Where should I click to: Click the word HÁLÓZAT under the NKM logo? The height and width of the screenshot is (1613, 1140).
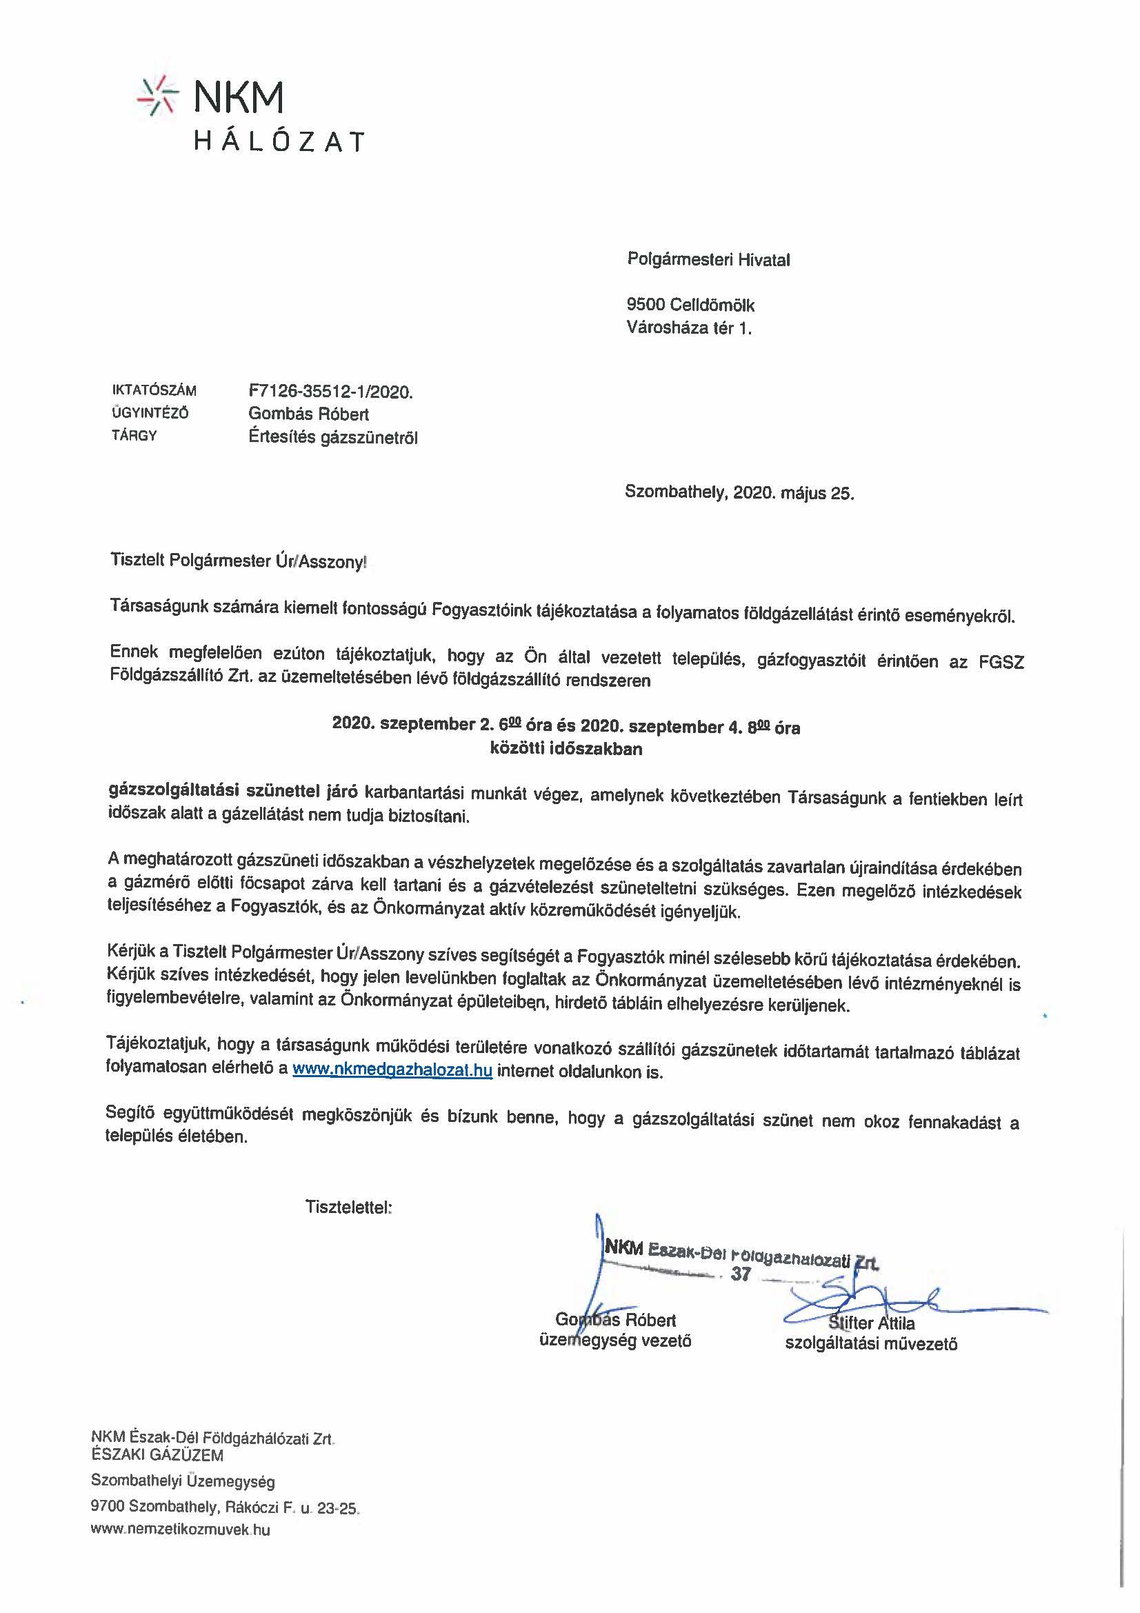279,142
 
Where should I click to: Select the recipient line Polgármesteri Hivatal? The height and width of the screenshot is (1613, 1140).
708,260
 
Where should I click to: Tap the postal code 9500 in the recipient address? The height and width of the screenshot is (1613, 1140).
645,305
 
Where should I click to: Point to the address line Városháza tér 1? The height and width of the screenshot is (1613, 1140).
688,328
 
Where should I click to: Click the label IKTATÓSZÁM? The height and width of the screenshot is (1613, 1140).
154,390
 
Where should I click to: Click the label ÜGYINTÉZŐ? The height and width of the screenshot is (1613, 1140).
150,413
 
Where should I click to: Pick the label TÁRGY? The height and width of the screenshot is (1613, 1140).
134,436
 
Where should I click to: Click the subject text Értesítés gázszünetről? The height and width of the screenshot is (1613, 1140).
333,437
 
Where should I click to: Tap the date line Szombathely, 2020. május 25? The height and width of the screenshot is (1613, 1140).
739,492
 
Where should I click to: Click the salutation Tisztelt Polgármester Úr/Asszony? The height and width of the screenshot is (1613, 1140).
238,561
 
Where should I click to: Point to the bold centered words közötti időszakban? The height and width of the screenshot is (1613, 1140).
566,749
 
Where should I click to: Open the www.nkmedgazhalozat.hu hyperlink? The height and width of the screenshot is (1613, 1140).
392,1071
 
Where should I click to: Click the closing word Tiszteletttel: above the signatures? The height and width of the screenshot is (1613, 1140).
348,1207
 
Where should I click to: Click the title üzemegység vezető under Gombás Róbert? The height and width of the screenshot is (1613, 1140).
614,1341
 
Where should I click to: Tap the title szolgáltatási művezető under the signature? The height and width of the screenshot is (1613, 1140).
871,1344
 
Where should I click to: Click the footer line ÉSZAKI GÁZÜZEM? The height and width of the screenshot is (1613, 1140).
157,1455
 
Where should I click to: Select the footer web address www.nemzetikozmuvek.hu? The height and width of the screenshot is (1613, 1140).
181,1530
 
